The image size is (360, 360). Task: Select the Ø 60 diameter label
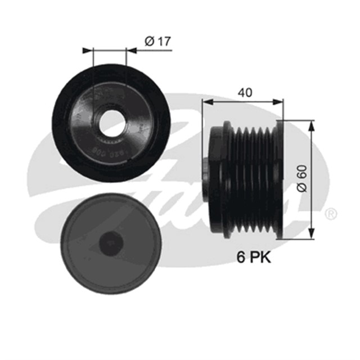[302, 179]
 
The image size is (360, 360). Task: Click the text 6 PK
[253, 258]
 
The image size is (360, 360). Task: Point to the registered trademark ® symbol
[331, 214]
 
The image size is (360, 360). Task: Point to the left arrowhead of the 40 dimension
[206, 102]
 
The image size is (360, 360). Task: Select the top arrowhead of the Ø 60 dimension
[311, 123]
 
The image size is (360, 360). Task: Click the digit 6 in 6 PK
[240, 258]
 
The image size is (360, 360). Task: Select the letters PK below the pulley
[260, 258]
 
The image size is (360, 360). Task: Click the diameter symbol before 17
[148, 40]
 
